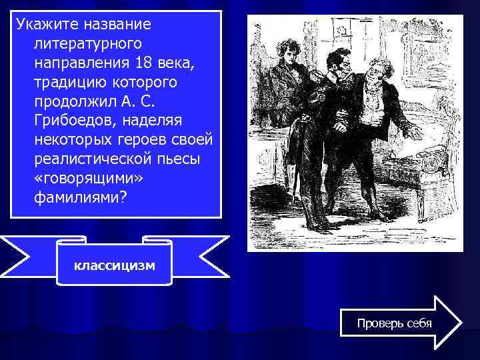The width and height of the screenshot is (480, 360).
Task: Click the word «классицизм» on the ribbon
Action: [x=114, y=266]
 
